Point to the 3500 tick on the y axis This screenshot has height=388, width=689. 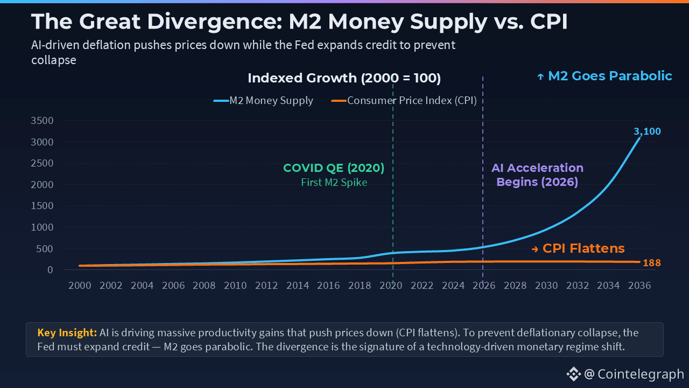tap(43, 121)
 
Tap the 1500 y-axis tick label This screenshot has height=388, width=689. tap(43, 206)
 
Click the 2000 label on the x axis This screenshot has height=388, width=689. tap(80, 286)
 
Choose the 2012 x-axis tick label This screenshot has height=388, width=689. tap(266, 286)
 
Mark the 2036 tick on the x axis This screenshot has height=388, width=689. tap(639, 286)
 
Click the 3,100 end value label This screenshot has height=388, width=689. tap(646, 131)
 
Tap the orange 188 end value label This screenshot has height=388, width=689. tap(651, 263)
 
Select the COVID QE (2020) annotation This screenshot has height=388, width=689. tap(334, 168)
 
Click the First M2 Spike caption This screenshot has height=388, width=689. tap(334, 183)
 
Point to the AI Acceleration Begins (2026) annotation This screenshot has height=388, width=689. tap(537, 175)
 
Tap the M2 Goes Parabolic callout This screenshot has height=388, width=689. tap(605, 76)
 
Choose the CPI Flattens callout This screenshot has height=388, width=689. tap(578, 248)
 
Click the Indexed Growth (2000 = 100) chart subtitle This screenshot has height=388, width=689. tap(344, 78)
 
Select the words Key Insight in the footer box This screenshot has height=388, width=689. tap(67, 332)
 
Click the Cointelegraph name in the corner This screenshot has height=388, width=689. tap(641, 374)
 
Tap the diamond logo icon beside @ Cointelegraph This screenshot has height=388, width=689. tap(573, 374)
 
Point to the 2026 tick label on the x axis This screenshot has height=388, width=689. tap(484, 286)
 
